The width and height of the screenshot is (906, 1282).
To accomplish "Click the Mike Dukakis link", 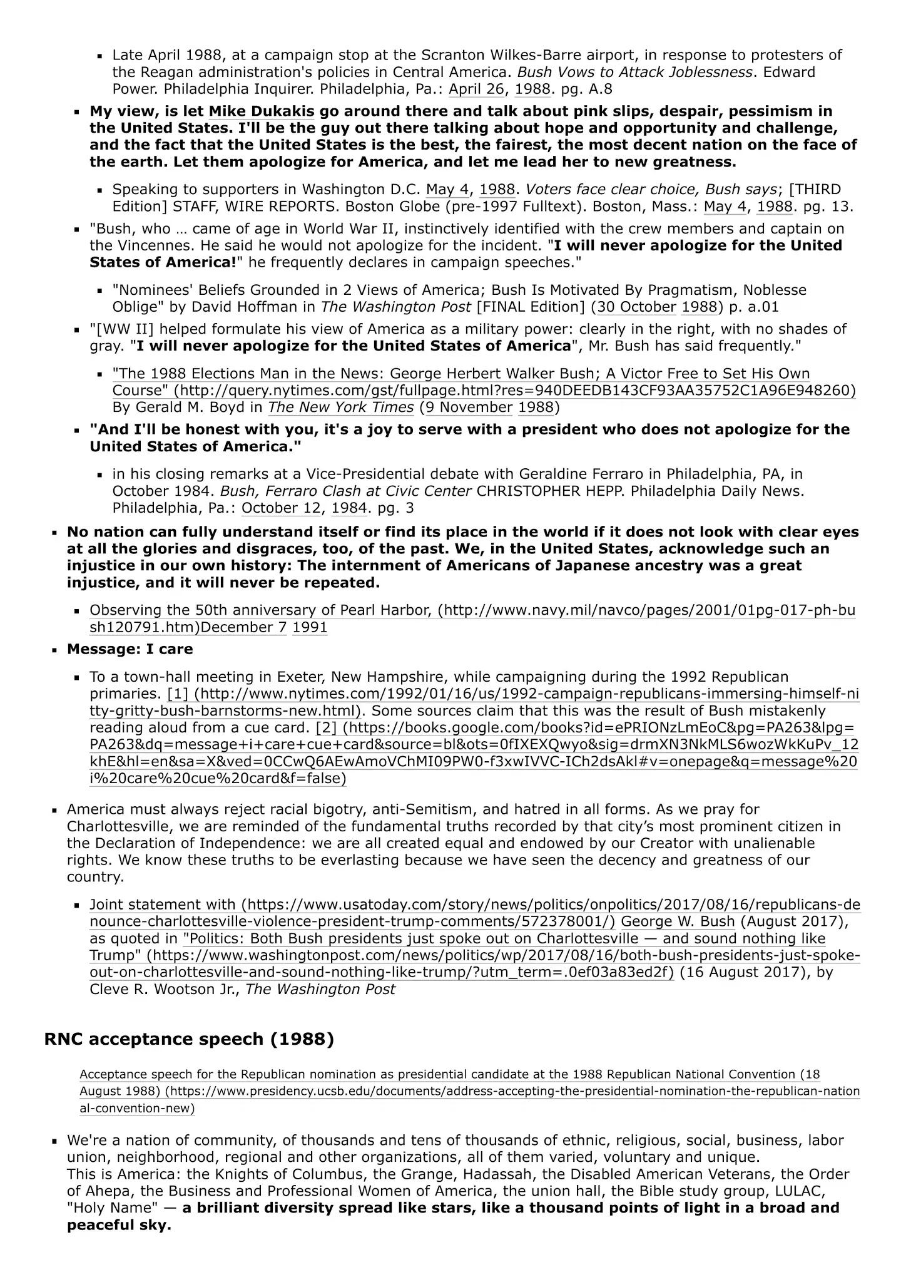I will point(262,111).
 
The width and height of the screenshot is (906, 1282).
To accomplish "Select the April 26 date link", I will point(476,89).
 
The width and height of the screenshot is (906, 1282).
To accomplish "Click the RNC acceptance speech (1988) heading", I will point(189,1039).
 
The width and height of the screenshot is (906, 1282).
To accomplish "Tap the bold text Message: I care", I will point(130,649).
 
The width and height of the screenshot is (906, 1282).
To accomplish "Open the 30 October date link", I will point(636,307).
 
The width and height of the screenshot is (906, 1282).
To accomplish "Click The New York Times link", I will point(341,408).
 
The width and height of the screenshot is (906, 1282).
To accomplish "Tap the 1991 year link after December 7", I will point(310,627).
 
